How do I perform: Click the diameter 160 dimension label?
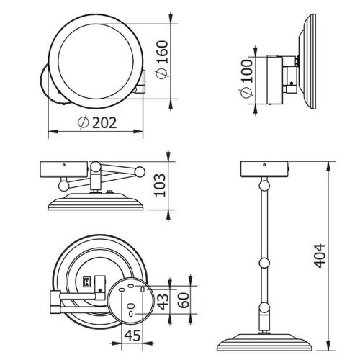pyautogui.click(x=162, y=59)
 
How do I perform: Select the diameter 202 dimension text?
pyautogui.click(x=97, y=122)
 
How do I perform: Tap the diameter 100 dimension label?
pyautogui.click(x=246, y=79)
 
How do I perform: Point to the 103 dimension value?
pyautogui.click(x=160, y=185)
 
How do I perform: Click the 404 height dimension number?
pyautogui.click(x=320, y=256)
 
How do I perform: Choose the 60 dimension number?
pyautogui.click(x=184, y=300)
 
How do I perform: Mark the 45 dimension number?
pyautogui.click(x=132, y=336)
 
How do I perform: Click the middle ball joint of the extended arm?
pyautogui.click(x=264, y=263)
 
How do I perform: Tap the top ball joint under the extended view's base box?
pyautogui.click(x=264, y=186)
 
